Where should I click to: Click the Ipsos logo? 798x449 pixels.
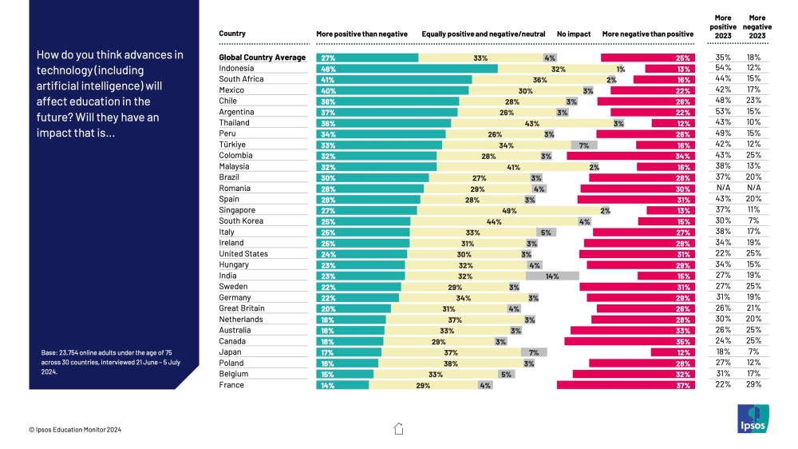click(753, 419)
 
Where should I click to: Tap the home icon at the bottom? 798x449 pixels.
click(399, 428)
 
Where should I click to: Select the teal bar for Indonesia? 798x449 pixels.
click(407, 69)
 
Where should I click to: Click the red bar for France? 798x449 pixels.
click(626, 385)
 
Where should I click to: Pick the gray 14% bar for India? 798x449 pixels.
click(552, 276)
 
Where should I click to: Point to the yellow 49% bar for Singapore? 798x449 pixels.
click(508, 210)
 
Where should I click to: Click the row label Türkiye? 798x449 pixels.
click(233, 145)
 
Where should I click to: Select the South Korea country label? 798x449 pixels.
click(242, 221)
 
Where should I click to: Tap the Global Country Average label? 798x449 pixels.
click(263, 58)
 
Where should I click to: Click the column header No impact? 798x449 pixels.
click(574, 34)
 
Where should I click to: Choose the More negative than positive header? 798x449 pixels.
click(648, 34)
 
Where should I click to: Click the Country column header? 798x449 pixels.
click(232, 34)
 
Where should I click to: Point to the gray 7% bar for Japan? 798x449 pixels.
click(534, 352)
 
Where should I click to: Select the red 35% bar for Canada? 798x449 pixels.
click(630, 341)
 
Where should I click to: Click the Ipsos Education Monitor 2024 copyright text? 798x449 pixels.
click(75, 430)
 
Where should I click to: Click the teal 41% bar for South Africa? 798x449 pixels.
click(394, 80)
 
